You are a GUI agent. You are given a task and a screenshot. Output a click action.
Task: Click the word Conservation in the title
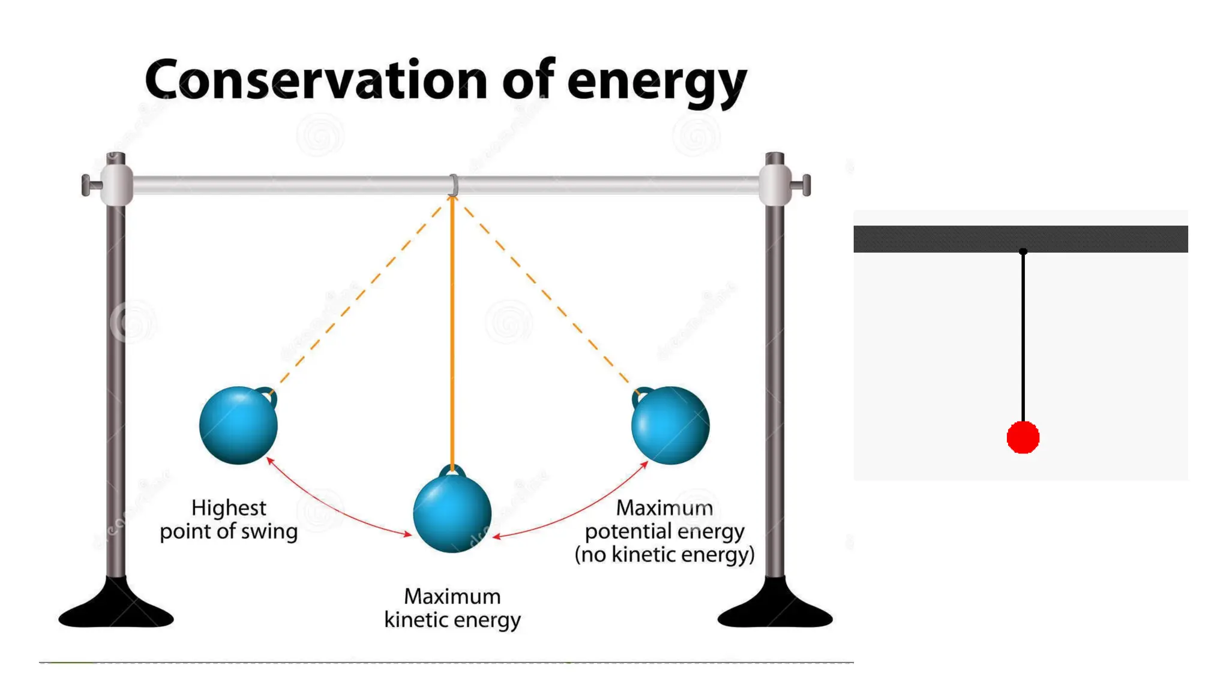[x=316, y=81]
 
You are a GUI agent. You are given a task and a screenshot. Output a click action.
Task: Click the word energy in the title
[x=657, y=84]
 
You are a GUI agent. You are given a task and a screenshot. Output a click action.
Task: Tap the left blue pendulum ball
[x=238, y=426]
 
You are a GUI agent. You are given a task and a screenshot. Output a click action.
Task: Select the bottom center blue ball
[x=452, y=513]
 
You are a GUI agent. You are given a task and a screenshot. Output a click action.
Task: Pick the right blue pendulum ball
[x=670, y=426]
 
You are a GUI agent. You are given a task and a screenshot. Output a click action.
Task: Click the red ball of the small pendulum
[x=1023, y=437]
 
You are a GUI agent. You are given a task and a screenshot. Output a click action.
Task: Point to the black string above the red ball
[x=1023, y=336]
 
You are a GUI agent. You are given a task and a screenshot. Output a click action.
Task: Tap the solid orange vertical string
[x=452, y=330]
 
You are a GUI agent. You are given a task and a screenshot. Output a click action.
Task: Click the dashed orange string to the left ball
[x=360, y=294]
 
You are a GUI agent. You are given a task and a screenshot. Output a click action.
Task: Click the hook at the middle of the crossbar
[x=454, y=185]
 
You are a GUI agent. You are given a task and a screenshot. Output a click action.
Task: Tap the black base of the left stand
[x=116, y=609]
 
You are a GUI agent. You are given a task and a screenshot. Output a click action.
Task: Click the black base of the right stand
[x=775, y=609]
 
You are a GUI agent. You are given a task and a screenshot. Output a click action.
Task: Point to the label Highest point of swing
[x=229, y=519]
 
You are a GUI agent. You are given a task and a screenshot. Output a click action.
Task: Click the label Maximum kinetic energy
[x=452, y=608]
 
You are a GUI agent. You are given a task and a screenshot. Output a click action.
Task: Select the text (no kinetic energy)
[x=664, y=554]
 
